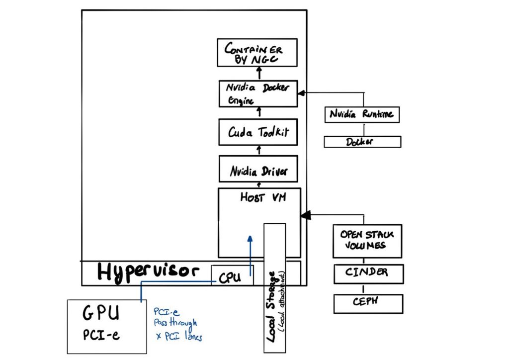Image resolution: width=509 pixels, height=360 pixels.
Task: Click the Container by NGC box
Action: coord(257,53)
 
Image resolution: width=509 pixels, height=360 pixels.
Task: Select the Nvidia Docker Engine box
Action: coord(258,93)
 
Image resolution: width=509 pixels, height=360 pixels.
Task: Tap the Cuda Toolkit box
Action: coord(258,132)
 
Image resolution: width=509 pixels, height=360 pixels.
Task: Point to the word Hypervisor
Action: coord(148,272)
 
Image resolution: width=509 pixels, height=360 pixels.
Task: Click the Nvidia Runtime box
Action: coord(362,114)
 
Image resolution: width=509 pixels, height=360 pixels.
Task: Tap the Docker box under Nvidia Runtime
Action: coord(362,142)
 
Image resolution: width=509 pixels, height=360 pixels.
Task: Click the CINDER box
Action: coord(368,273)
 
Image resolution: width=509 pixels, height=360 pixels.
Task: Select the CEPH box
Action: coord(368,303)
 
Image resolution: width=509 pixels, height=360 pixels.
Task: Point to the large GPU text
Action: coord(101,313)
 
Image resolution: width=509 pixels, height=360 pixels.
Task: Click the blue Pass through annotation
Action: coord(175,323)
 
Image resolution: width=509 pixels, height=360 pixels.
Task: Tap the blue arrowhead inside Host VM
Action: coord(250,240)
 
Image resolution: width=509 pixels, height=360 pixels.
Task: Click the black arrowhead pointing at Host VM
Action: coord(304,215)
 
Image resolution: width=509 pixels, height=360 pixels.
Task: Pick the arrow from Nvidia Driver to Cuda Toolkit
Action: coord(258,149)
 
